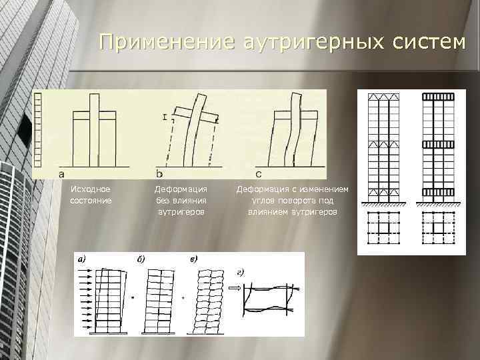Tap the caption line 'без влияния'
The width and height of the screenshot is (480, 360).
(180, 200)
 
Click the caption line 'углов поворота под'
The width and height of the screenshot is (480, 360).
(292, 200)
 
